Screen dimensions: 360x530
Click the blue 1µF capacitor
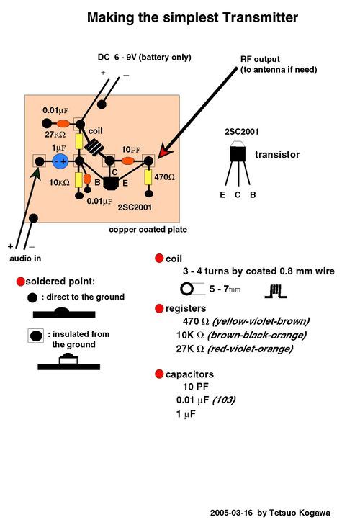61,161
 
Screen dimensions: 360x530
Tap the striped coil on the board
94,147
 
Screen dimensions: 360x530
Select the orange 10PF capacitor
128,161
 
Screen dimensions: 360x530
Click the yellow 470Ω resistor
148,177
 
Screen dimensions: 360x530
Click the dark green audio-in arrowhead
36,174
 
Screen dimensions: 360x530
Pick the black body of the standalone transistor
238,154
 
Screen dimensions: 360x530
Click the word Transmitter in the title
261,17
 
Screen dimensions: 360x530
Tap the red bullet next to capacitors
159,374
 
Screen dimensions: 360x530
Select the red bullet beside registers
159,308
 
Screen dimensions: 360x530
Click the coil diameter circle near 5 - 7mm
187,289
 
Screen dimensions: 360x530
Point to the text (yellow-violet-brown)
261,321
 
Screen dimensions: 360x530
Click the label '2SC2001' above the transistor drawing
242,132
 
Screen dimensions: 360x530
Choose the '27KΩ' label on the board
55,135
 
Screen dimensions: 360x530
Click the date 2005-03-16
231,513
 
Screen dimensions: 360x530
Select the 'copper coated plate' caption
148,230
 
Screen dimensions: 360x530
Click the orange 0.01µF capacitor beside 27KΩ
63,124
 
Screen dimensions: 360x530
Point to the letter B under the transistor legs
253,195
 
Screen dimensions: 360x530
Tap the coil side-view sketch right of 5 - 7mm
276,292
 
